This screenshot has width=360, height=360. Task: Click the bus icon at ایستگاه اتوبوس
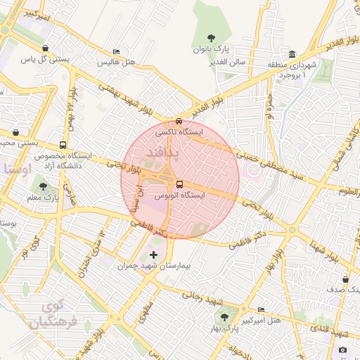(179, 184)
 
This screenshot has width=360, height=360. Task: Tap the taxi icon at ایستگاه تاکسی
(179, 121)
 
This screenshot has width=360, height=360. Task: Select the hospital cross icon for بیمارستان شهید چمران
(154, 252)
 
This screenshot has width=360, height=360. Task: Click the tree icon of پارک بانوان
(212, 38)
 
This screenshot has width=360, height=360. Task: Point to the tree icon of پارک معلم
(44, 186)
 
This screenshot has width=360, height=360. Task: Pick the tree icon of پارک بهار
(225, 316)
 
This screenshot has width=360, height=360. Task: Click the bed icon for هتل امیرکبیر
(262, 309)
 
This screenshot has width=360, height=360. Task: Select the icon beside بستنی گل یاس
(46, 49)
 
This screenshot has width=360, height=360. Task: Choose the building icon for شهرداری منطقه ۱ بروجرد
(292, 55)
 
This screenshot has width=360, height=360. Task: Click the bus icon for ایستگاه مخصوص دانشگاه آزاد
(63, 146)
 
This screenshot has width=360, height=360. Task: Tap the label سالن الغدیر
(226, 62)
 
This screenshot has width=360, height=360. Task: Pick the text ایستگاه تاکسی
(202, 131)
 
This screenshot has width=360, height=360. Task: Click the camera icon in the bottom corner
(342, 350)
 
